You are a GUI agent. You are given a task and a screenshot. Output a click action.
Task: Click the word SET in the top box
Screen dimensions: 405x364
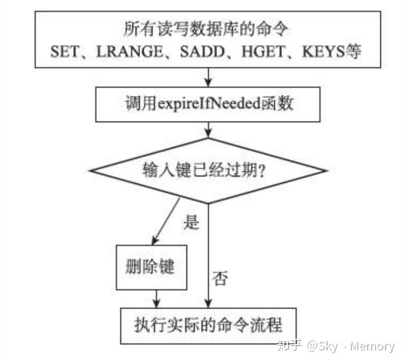pos(65,52)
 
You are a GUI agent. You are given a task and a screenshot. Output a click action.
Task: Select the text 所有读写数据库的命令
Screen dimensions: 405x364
pos(208,28)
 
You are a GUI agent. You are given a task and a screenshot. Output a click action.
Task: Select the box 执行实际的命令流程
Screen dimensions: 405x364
pos(208,325)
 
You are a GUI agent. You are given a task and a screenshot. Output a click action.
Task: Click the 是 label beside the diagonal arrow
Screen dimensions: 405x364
pos(191,223)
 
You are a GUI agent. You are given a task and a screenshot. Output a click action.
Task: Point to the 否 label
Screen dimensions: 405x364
pos(219,278)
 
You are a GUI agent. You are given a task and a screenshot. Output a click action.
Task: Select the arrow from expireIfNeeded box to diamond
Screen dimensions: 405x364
pos(208,131)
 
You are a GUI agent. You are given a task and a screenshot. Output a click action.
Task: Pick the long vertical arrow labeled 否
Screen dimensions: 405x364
pos(208,253)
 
